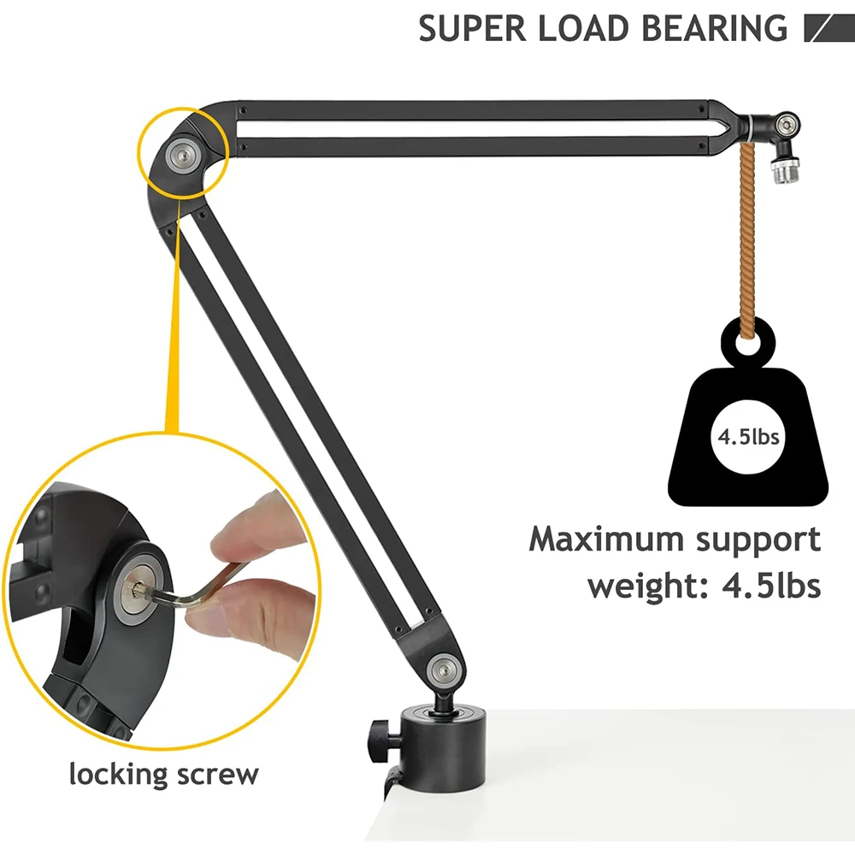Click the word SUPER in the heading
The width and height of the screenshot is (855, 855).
(x=472, y=28)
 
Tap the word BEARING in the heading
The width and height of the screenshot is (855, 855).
(x=714, y=28)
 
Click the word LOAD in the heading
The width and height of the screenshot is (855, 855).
(x=583, y=28)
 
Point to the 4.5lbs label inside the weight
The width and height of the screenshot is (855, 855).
(x=748, y=437)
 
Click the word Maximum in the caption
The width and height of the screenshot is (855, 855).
(x=606, y=540)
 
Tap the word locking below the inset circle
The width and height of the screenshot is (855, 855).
(x=118, y=774)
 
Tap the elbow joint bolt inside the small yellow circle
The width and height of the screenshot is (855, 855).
(x=182, y=154)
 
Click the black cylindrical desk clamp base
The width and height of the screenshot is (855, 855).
(x=442, y=748)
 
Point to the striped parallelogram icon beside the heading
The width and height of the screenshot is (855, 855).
(x=829, y=28)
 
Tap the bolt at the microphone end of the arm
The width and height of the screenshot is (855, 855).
(x=785, y=125)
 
